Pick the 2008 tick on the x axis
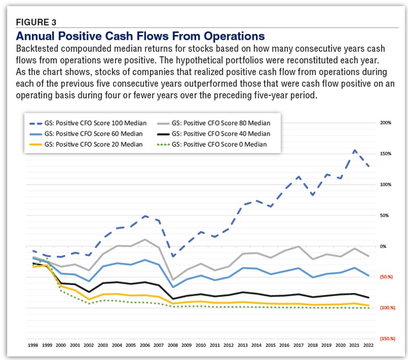coord(172,345)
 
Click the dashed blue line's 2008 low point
coord(172,256)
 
